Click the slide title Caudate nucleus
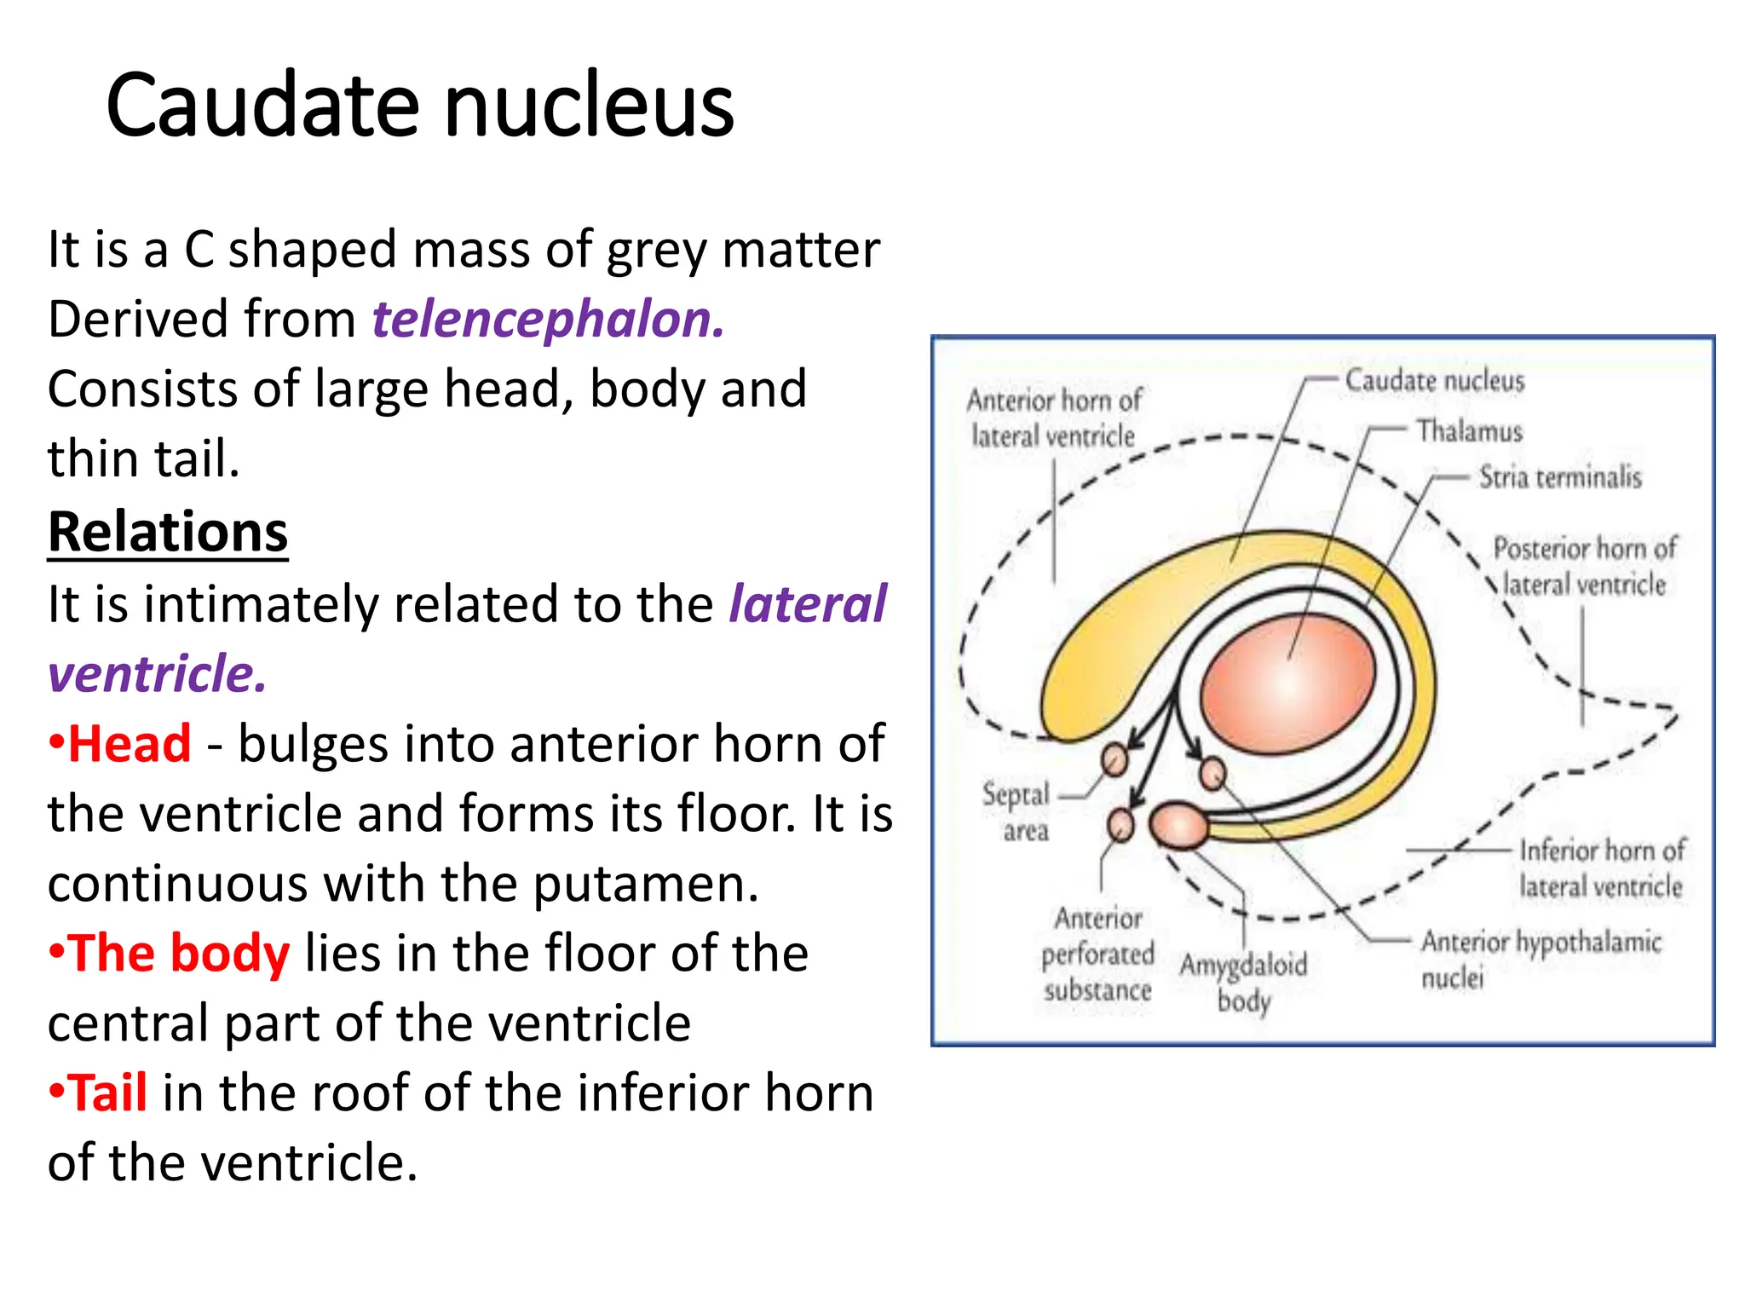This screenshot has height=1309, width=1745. [419, 106]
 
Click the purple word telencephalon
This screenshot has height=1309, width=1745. [548, 320]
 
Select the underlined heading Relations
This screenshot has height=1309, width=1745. [168, 532]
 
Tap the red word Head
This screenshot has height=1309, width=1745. [130, 743]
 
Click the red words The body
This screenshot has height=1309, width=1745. [179, 953]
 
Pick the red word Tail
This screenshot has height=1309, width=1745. [107, 1093]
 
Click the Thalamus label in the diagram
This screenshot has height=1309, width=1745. [1469, 431]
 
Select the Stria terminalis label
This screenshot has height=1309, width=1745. [1559, 477]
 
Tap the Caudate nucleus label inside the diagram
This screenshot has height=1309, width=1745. [1434, 380]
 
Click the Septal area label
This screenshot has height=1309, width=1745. [1017, 811]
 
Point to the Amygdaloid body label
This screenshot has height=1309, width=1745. [1243, 982]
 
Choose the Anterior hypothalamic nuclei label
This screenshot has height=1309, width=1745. [1540, 959]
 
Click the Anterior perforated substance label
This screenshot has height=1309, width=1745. [1097, 954]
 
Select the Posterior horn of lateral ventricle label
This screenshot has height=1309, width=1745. [1583, 566]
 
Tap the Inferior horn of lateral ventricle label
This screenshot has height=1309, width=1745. [1600, 868]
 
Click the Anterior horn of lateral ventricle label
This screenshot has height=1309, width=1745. [1053, 418]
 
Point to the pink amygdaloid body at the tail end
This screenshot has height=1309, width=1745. [1178, 825]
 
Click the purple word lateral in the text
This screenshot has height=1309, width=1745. [808, 603]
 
